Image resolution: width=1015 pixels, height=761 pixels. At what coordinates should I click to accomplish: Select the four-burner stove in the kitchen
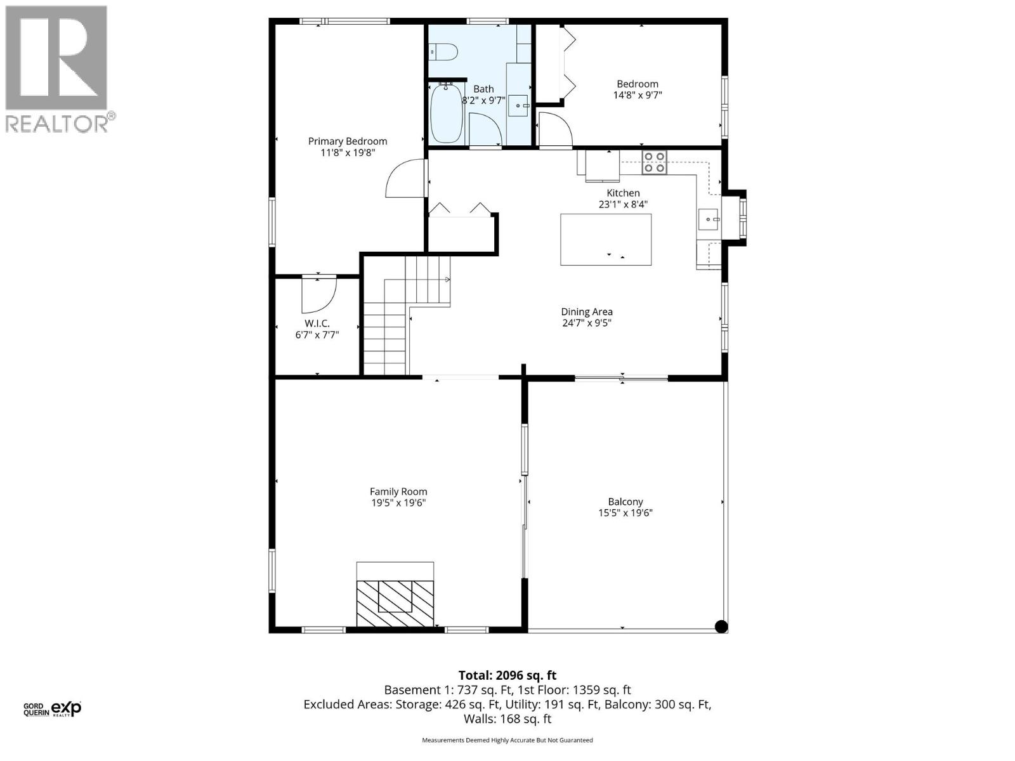click(x=655, y=162)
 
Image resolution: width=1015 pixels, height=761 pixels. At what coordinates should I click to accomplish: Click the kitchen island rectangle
click(x=605, y=239)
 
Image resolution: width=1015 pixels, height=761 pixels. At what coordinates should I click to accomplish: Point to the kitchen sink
click(x=708, y=219)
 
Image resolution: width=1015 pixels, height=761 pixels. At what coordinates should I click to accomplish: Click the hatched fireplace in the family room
click(x=395, y=597)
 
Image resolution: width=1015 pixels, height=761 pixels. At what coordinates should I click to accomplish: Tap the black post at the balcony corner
click(x=721, y=627)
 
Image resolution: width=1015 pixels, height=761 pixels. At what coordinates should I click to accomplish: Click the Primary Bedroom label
click(x=348, y=141)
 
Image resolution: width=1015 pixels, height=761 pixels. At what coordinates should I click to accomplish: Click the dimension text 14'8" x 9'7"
click(x=638, y=96)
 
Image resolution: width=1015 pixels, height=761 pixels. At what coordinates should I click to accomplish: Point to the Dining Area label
click(x=587, y=311)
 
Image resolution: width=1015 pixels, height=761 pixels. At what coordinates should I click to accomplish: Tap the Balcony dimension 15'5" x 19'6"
click(x=625, y=513)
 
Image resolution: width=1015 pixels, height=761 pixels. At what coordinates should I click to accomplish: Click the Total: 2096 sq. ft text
click(x=507, y=675)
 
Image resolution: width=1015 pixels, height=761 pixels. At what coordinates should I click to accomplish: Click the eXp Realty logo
click(x=66, y=708)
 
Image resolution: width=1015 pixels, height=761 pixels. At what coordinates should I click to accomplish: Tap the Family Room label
click(x=398, y=491)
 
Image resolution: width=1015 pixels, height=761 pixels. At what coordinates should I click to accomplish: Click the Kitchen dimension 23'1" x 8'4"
click(x=623, y=204)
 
